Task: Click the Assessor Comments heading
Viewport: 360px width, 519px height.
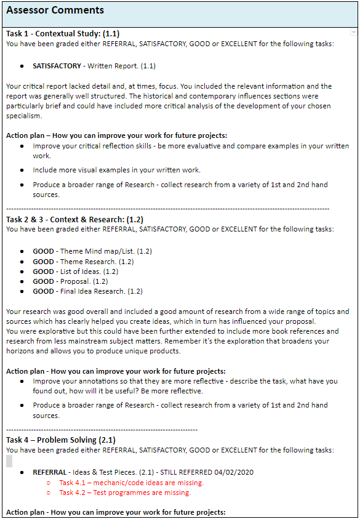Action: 55,10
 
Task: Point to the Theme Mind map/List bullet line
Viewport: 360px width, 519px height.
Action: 92,251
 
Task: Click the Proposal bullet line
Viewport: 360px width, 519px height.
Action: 73,281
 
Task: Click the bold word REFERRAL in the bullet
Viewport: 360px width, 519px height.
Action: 49,472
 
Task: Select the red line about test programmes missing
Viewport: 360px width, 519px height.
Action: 125,493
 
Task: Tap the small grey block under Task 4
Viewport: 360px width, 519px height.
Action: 9,461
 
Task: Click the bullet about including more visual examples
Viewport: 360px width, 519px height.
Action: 116,170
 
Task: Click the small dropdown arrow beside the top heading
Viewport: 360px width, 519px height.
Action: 353,32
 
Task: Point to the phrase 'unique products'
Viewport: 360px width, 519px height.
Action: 151,351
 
